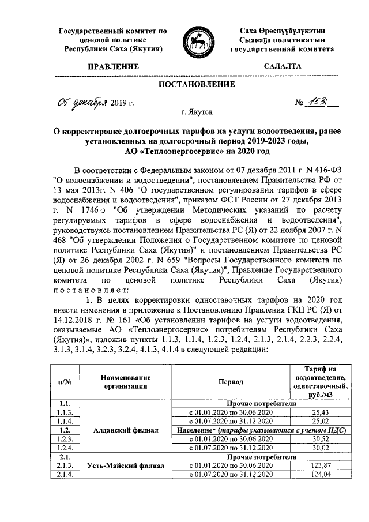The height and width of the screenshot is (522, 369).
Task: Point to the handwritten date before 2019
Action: coord(82,103)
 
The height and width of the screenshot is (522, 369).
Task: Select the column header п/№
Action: coord(65,382)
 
